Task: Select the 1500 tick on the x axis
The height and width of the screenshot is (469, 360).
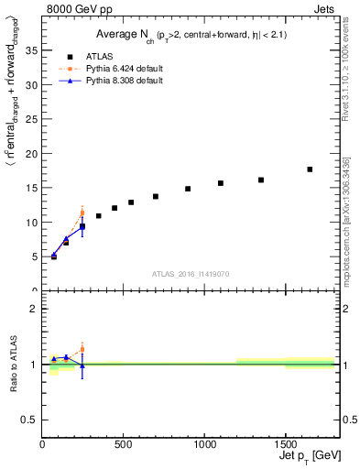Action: pos(285,444)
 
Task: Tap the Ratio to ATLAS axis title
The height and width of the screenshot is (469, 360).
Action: pos(12,364)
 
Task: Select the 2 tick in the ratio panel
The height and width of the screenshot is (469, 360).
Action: pos(34,309)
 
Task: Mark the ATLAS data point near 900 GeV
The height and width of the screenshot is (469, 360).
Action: pos(188,189)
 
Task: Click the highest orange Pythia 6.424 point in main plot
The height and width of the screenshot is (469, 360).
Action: pos(82,213)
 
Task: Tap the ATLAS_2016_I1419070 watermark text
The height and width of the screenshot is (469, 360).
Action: pos(191,273)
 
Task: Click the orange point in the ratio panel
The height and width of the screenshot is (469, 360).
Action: pos(82,349)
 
